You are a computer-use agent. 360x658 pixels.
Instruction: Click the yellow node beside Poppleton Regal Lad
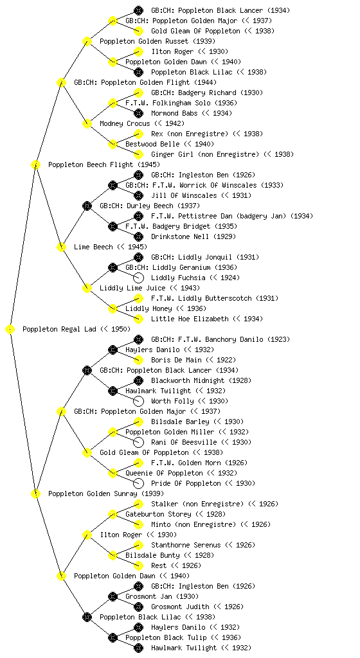coord(10,330)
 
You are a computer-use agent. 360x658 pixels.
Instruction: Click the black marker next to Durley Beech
coord(87,206)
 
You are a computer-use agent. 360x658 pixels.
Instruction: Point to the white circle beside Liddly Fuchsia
coord(138,278)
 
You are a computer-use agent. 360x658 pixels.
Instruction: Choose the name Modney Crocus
coord(125,124)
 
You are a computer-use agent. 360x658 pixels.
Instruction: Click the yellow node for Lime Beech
coord(61,247)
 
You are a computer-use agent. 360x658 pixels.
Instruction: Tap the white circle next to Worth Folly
coord(138,401)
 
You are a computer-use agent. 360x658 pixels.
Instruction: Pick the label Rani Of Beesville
coord(184,442)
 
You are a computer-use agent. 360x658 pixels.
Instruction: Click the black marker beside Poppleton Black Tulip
coord(113,638)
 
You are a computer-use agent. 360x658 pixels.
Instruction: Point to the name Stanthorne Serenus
coord(186,545)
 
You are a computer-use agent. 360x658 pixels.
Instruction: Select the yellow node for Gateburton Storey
coord(113,515)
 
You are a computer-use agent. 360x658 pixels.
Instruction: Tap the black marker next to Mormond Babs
coord(138,113)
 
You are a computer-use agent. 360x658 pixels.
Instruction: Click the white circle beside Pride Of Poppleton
coord(138,483)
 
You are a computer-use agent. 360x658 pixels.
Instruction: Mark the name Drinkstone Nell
coord(180,236)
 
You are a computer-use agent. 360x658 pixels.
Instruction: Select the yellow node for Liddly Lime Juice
coord(87,289)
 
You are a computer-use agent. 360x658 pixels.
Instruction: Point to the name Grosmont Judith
coord(180,607)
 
